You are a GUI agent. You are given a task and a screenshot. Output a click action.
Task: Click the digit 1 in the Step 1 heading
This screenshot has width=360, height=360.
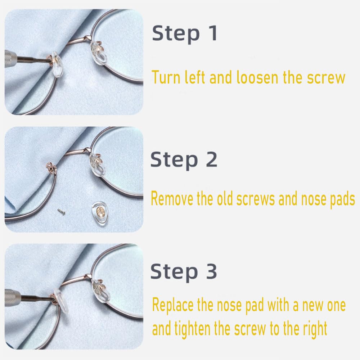point(214,33)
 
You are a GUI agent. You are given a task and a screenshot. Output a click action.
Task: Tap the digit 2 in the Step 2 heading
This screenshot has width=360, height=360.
point(211,159)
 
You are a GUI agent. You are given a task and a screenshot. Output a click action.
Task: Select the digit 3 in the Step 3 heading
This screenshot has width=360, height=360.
point(211,271)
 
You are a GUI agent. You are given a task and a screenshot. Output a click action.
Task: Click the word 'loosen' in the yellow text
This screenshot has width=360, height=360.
point(257,77)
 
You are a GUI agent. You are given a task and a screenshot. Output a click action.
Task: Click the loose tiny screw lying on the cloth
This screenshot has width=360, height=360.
point(61,211)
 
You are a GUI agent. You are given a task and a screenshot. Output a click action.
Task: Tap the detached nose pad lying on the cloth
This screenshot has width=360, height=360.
point(99,213)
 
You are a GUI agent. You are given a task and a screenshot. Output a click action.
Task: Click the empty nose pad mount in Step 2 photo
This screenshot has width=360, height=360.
point(51,168)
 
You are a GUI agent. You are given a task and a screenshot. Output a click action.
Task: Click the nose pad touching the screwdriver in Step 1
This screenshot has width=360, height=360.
point(56,64)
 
